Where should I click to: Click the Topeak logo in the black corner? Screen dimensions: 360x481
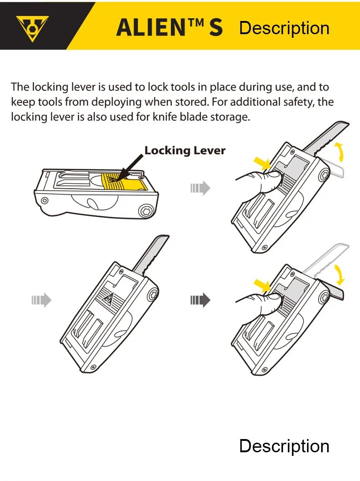coord(32,29)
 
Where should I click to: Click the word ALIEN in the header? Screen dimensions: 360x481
coord(151,28)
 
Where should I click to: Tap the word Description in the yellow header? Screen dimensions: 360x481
coord(284,28)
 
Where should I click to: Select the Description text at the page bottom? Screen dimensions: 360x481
coord(284,446)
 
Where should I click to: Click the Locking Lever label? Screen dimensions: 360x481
coord(185,150)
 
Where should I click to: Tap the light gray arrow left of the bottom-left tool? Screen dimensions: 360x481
coord(41,300)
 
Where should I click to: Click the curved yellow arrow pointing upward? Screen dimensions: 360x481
coord(340,152)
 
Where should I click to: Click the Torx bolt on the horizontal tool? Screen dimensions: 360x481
coord(144,211)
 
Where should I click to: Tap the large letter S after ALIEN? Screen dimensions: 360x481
coord(216,28)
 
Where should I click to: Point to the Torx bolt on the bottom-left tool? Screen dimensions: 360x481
coord(153,296)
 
